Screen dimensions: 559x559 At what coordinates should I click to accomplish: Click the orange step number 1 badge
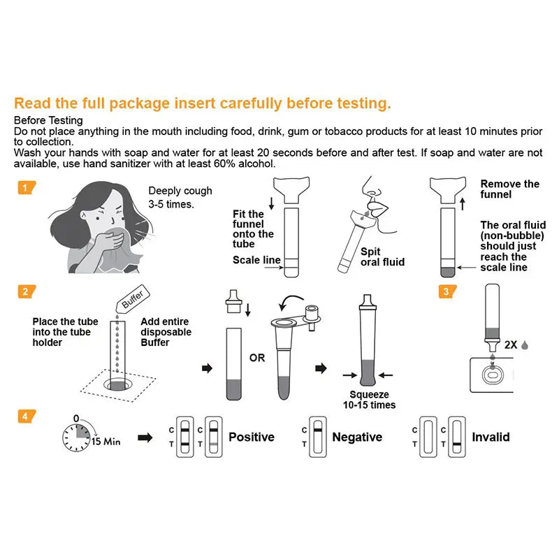[x=27, y=187]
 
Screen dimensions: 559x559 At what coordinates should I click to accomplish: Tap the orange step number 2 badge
[x=27, y=291]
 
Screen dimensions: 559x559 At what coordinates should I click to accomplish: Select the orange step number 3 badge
[x=447, y=291]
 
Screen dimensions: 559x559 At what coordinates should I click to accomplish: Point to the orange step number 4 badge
[x=27, y=416]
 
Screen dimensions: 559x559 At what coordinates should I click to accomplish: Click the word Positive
[x=252, y=437]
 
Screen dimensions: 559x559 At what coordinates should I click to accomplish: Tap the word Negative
[x=357, y=437]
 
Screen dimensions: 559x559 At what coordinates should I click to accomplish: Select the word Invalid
[x=491, y=437]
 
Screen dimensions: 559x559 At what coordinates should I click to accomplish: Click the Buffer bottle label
[x=133, y=299]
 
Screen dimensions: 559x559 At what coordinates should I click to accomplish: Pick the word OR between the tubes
[x=257, y=358]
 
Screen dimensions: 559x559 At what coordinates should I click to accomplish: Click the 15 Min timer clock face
[x=76, y=437]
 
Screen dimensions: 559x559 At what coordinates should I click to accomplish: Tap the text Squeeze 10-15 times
[x=370, y=400]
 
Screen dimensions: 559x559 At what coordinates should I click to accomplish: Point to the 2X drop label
[x=516, y=344]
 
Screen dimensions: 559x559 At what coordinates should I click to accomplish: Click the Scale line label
[x=256, y=260]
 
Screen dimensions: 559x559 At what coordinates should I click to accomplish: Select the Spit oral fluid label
[x=382, y=256]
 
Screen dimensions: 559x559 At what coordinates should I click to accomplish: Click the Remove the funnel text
[x=510, y=189]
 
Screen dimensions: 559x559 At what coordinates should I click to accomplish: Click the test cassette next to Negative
[x=318, y=437]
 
